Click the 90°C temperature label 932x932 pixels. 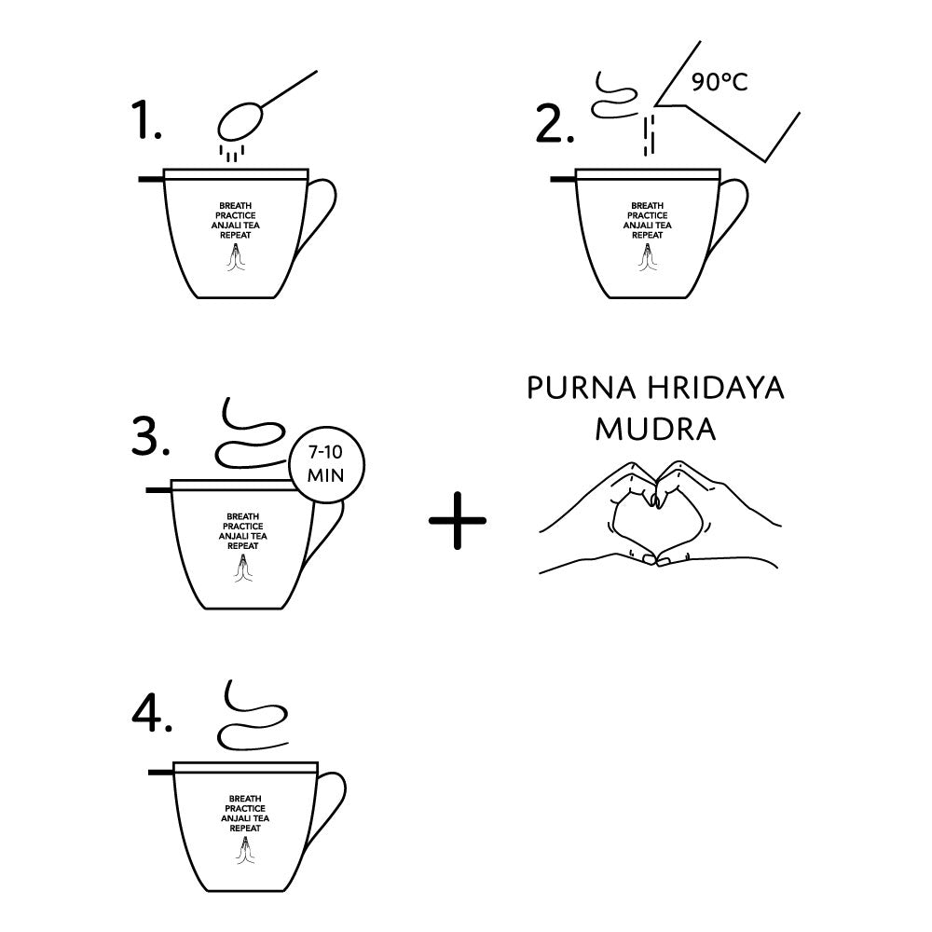(720, 82)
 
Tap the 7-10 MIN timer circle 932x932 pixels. (325, 465)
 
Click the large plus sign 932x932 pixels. (458, 520)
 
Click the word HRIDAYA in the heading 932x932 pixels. (716, 388)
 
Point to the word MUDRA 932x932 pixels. (655, 429)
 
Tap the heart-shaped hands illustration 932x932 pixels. (660, 514)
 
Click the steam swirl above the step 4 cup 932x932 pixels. (253, 715)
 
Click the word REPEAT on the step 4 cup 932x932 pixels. (245, 828)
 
